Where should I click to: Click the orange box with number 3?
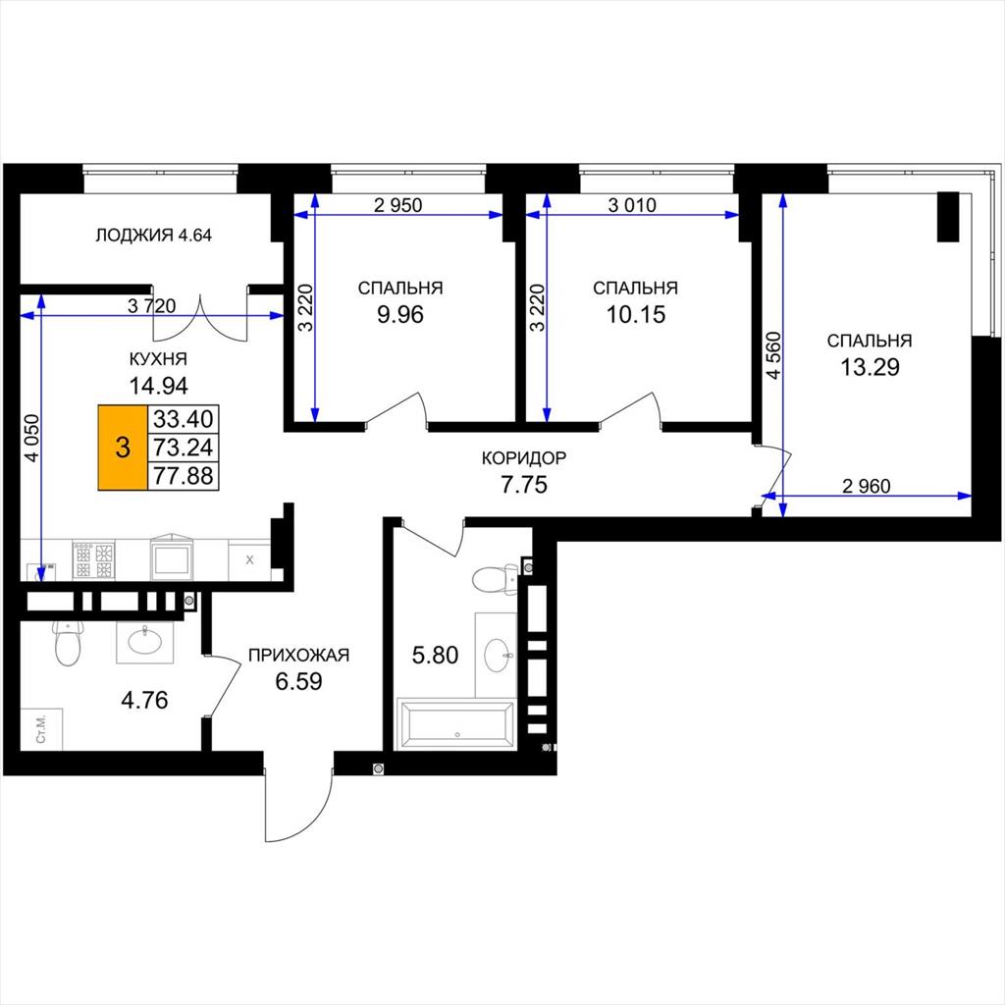click(x=123, y=448)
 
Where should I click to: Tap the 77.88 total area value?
click(x=184, y=476)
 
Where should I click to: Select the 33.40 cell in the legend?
click(x=184, y=419)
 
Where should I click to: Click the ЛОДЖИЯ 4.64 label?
click(x=153, y=236)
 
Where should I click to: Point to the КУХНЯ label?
click(x=158, y=359)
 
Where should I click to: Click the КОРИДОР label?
click(x=524, y=458)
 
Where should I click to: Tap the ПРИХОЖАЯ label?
click(x=298, y=655)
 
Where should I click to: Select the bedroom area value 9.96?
click(x=400, y=315)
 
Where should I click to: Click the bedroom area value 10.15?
click(x=636, y=315)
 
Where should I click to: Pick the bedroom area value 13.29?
click(x=870, y=367)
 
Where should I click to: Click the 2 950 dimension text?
click(x=398, y=205)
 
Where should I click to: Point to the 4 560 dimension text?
click(x=774, y=355)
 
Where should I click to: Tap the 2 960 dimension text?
click(x=866, y=487)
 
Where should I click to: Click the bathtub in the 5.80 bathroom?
click(x=455, y=724)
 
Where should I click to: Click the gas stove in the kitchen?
click(x=93, y=560)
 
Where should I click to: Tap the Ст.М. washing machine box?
click(x=41, y=729)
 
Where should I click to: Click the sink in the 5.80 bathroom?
click(x=500, y=655)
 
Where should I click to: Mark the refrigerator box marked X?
click(x=249, y=560)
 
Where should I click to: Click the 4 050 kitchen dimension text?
click(x=31, y=439)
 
